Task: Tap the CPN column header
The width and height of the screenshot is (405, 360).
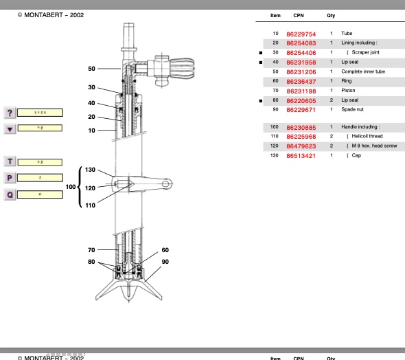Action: [299, 15]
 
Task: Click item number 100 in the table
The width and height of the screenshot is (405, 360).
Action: [275, 127]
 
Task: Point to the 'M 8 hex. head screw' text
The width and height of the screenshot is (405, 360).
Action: [374, 146]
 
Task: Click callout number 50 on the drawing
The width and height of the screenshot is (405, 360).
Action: [91, 69]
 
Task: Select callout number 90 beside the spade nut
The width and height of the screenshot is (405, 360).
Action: [165, 261]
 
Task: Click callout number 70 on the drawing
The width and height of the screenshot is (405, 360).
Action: [91, 250]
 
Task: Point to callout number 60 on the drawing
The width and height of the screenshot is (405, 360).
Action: [165, 250]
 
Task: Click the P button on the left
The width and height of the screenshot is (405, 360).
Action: [10, 178]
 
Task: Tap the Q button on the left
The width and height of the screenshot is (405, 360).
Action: [10, 194]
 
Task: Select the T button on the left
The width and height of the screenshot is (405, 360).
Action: [10, 161]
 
